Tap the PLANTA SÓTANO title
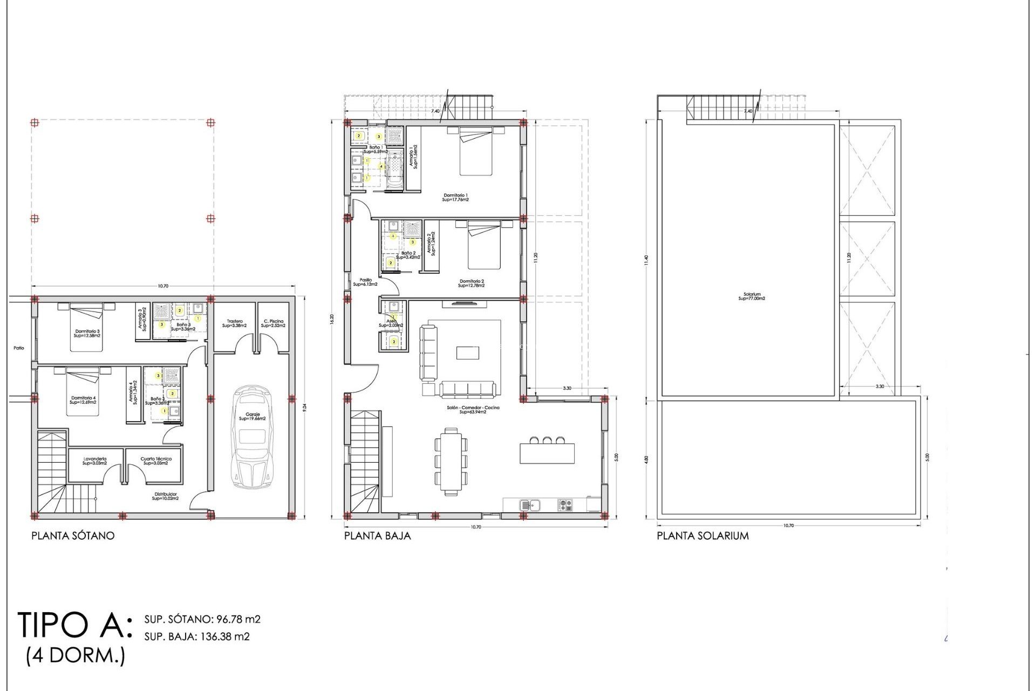coord(73,536)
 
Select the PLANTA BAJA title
coord(377,536)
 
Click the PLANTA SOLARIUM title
coord(703,536)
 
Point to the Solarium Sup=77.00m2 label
coord(752,296)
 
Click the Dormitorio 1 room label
coord(455,197)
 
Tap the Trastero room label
coord(235,323)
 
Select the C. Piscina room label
coord(273,323)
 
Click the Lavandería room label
coord(94,461)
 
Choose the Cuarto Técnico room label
coord(156,461)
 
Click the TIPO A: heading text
coord(74,625)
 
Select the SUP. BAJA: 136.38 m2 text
coord(197,636)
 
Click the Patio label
coord(19,348)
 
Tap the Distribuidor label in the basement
coord(165,496)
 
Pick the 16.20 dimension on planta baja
coord(332,319)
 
